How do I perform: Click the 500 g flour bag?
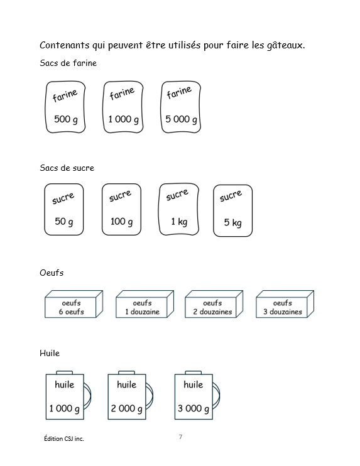(x=65, y=107)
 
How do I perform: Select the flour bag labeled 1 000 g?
(x=123, y=107)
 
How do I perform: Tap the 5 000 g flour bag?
(x=181, y=107)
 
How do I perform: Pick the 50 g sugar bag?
(x=64, y=210)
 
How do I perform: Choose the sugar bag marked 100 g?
(x=121, y=210)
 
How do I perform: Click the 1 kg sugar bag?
(x=178, y=209)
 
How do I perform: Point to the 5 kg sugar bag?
(x=232, y=211)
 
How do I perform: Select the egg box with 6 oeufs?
(x=74, y=304)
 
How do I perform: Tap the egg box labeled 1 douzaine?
(x=145, y=304)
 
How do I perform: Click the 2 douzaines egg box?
(x=214, y=304)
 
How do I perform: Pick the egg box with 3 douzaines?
(x=285, y=304)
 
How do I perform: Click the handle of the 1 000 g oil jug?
(x=90, y=396)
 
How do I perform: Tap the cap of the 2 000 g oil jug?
(x=127, y=372)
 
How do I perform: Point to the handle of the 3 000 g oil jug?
(x=219, y=396)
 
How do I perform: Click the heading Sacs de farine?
(x=68, y=63)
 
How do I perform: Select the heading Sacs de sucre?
(x=67, y=168)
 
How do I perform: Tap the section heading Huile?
(x=50, y=353)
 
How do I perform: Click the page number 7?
(x=180, y=436)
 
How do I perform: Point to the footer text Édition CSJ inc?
(x=64, y=438)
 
